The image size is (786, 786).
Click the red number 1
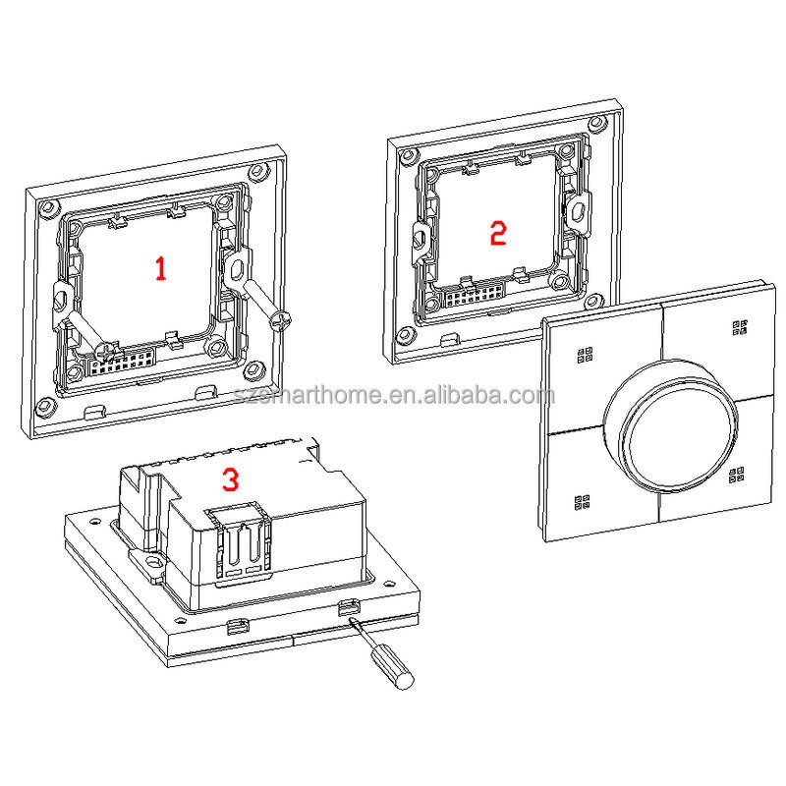click(x=160, y=267)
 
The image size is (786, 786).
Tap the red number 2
click(x=497, y=233)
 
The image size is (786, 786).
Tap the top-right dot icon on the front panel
click(x=739, y=327)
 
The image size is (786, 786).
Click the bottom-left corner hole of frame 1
click(x=42, y=406)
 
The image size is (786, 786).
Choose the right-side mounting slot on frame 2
click(x=578, y=207)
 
